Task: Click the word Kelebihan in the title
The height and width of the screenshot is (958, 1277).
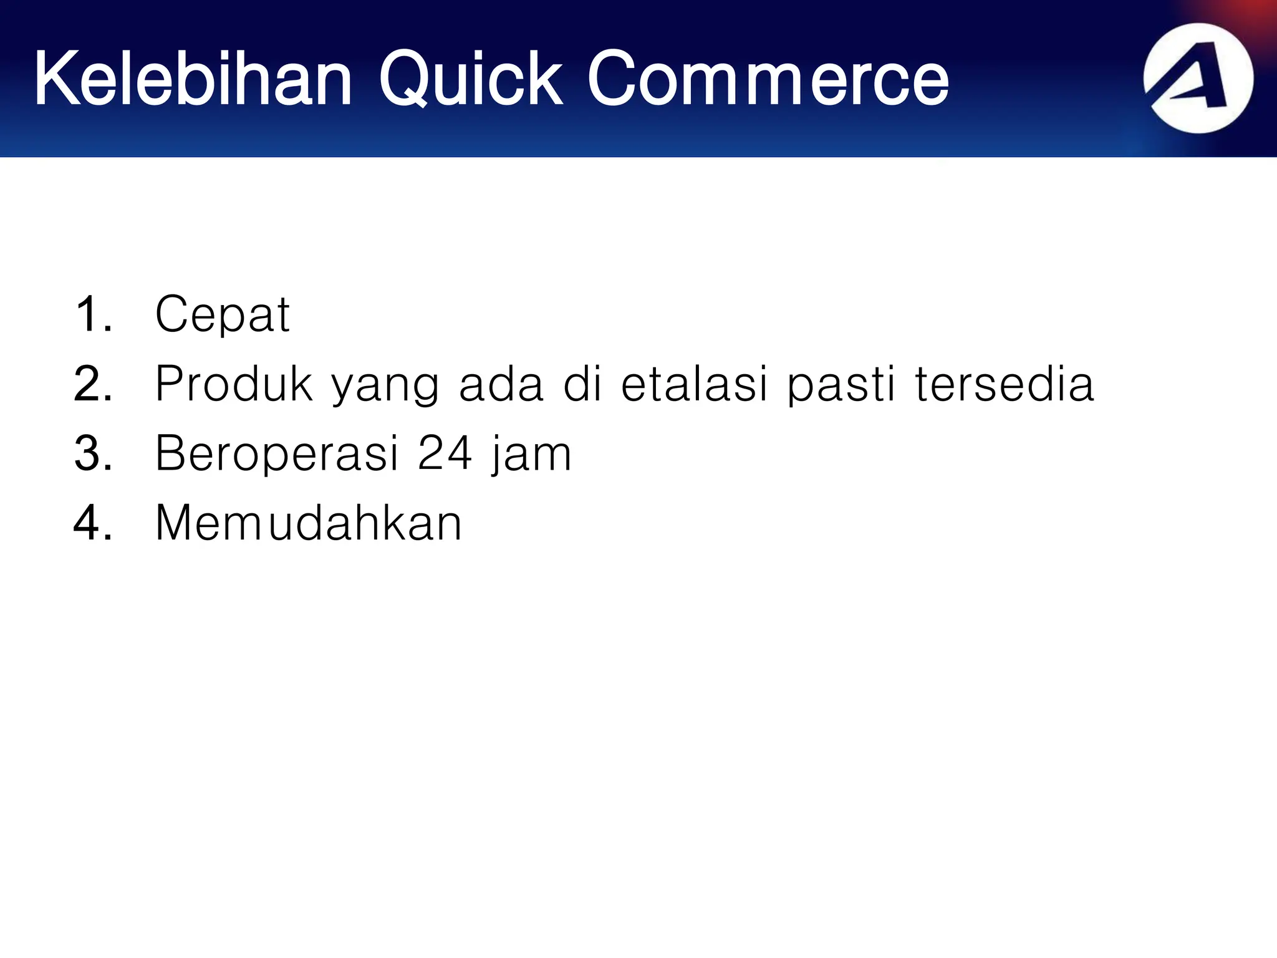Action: click(x=193, y=79)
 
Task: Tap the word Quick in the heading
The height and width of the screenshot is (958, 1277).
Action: click(x=471, y=79)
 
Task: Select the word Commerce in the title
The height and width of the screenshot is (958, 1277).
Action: click(x=768, y=79)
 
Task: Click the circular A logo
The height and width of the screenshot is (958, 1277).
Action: click(x=1198, y=79)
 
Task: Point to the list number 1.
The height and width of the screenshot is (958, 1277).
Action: click(x=93, y=314)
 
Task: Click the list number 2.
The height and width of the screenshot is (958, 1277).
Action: click(x=93, y=384)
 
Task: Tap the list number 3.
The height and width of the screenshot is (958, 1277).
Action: click(x=93, y=453)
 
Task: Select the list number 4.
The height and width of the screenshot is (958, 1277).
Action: click(x=93, y=523)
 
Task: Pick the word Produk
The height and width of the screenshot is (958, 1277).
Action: click(x=234, y=384)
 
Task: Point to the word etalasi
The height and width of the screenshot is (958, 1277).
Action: click(x=694, y=384)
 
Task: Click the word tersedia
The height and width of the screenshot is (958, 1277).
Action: click(x=1004, y=384)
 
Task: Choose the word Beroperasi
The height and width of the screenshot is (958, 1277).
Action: click(x=277, y=454)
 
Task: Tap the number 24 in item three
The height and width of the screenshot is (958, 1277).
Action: click(x=445, y=453)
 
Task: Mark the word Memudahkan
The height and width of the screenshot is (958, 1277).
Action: click(x=309, y=523)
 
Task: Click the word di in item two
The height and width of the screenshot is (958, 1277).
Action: click(x=582, y=384)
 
